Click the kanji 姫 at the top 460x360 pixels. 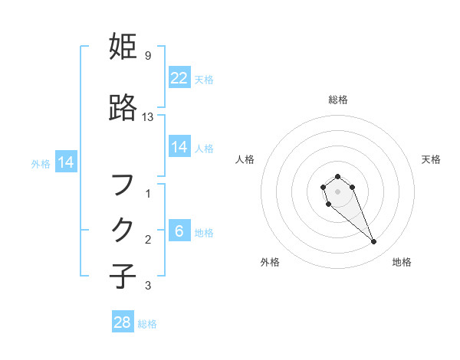click(x=123, y=47)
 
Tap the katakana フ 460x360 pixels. click(x=123, y=185)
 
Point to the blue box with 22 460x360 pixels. click(x=179, y=78)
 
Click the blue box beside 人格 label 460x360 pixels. click(x=179, y=147)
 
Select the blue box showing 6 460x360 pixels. click(x=179, y=231)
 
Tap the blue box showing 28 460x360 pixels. click(x=123, y=322)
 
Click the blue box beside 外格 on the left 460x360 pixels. click(x=64, y=162)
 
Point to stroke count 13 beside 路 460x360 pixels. click(x=148, y=116)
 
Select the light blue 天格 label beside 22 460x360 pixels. click(x=204, y=79)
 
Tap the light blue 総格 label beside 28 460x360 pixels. click(x=147, y=324)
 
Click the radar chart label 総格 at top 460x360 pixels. click(x=338, y=100)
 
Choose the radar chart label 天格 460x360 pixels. click(x=432, y=159)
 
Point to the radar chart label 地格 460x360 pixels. click(x=402, y=262)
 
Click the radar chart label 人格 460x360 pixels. click(x=245, y=159)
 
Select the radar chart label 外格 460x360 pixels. click(x=270, y=262)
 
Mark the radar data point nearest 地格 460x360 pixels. click(x=374, y=242)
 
